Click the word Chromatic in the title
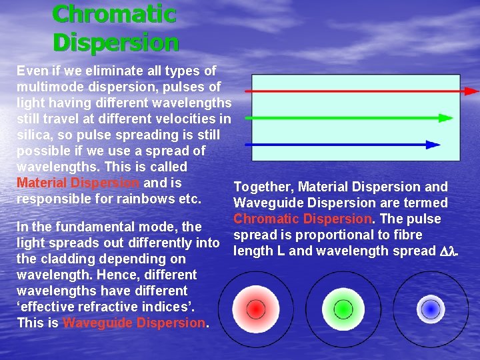(114, 13)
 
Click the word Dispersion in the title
(115, 42)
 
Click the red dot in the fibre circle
(255, 309)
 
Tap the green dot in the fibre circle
(343, 309)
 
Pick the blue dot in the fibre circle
(431, 309)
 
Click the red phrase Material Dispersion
(78, 183)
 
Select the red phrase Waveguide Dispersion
(134, 323)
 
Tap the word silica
(33, 135)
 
